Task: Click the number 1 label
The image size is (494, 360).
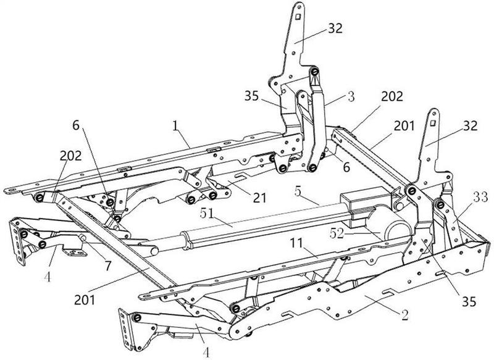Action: [175, 127]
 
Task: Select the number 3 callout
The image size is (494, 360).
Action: [351, 96]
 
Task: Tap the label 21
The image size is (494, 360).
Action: [260, 197]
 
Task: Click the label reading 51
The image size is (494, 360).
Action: [207, 214]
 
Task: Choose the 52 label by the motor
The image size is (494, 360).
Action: [337, 233]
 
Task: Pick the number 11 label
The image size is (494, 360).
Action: [296, 243]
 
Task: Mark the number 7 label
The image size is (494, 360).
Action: [108, 266]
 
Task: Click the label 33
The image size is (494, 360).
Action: [480, 198]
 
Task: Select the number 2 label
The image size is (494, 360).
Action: [404, 315]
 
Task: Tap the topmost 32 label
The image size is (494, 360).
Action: [335, 28]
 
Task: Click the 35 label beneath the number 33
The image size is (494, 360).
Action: [469, 302]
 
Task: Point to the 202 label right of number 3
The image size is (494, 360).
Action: [392, 96]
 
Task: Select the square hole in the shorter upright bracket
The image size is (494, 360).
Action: [433, 122]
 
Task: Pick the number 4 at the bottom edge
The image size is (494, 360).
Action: [206, 353]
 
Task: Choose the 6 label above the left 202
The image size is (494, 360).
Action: [76, 125]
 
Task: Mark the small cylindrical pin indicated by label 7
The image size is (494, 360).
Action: [83, 238]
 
